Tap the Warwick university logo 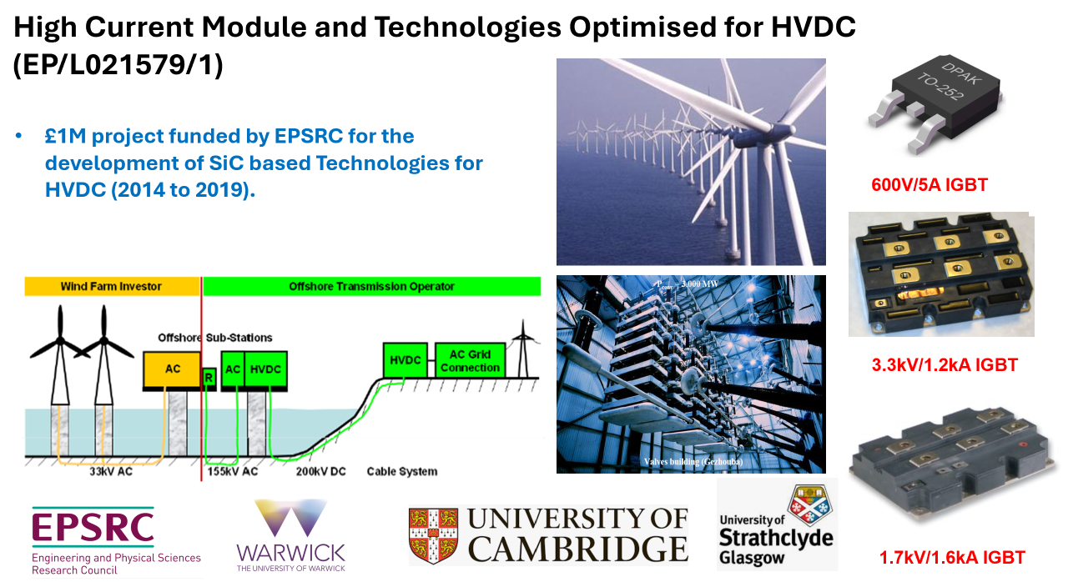point(290,534)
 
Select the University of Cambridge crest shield point(432,535)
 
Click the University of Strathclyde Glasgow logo point(776,525)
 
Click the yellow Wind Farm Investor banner point(112,286)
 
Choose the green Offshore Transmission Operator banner point(371,286)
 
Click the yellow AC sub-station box point(172,369)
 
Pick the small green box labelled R point(209,378)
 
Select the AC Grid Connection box point(470,361)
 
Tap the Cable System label point(401,472)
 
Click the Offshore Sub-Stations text point(215,338)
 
